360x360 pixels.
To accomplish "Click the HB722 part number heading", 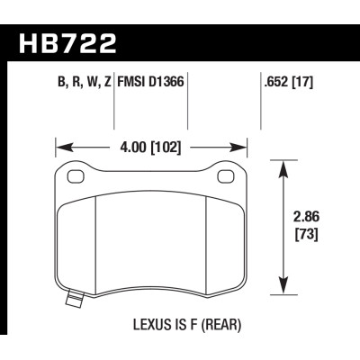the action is pos(67,43).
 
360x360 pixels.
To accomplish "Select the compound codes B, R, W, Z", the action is pos(85,82).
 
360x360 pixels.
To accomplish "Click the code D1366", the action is pos(166,81).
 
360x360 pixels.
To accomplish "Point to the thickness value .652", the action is pos(276,82).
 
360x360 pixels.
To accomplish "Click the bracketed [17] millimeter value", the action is pos(302,82).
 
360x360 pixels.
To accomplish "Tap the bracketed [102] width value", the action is pos(166,148).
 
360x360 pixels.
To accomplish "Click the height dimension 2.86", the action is pos(306,217).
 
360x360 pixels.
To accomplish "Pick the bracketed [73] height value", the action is pos(307,234).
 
